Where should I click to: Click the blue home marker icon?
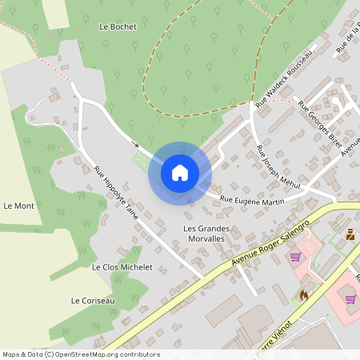179,172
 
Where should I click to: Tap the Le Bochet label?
118,26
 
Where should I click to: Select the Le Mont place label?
19,206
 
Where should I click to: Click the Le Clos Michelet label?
122,266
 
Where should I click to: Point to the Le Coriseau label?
93,301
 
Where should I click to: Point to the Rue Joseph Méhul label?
278,167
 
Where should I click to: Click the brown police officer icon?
350,234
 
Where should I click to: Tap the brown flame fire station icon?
303,294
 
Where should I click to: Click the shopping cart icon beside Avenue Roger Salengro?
294,256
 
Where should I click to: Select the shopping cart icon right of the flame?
350,298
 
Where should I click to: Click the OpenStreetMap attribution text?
81,354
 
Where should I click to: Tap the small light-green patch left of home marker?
140,161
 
